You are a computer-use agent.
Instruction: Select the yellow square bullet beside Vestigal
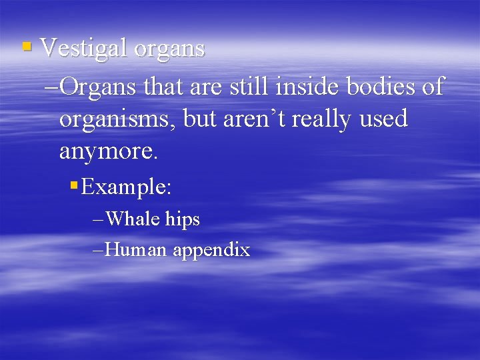(x=27, y=47)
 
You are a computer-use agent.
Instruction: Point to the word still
(x=249, y=86)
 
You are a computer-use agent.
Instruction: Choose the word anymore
(x=109, y=152)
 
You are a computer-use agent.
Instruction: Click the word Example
(x=126, y=188)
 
